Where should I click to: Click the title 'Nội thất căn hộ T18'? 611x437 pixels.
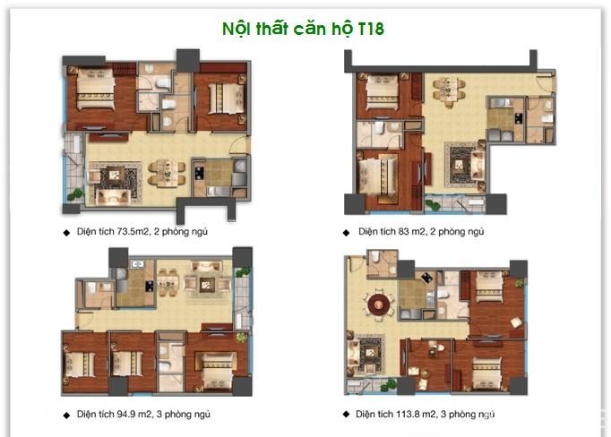tap(304, 28)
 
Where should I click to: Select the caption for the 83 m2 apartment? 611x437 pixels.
tap(421, 231)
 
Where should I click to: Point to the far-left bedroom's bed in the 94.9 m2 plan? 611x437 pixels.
tap(80, 364)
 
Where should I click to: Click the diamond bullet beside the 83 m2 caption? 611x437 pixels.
tap(346, 232)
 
